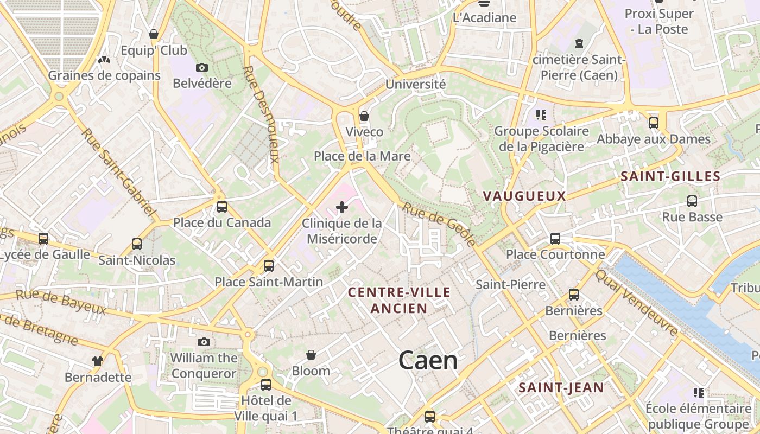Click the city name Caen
point(428,361)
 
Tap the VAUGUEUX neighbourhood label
point(524,196)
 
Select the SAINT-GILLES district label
point(670,176)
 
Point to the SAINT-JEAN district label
point(561,387)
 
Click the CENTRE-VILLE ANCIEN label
point(399,300)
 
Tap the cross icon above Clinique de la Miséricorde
point(342,207)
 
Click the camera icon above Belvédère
point(202,67)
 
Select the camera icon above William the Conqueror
point(204,342)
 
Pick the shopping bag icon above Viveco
point(364,116)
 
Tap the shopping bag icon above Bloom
point(311,355)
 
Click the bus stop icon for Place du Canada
point(221,206)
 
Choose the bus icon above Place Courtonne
point(555,238)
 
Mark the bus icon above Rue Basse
point(692,201)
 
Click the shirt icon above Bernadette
point(98,361)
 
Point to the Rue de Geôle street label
point(440,223)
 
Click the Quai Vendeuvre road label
point(636,302)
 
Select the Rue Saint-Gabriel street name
point(119,173)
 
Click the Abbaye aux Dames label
point(653,139)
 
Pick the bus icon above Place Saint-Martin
point(268,266)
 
